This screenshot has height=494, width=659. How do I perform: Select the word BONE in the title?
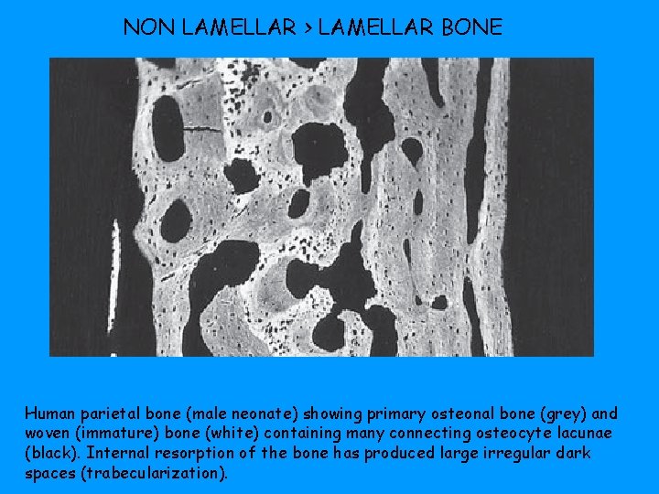471,27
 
